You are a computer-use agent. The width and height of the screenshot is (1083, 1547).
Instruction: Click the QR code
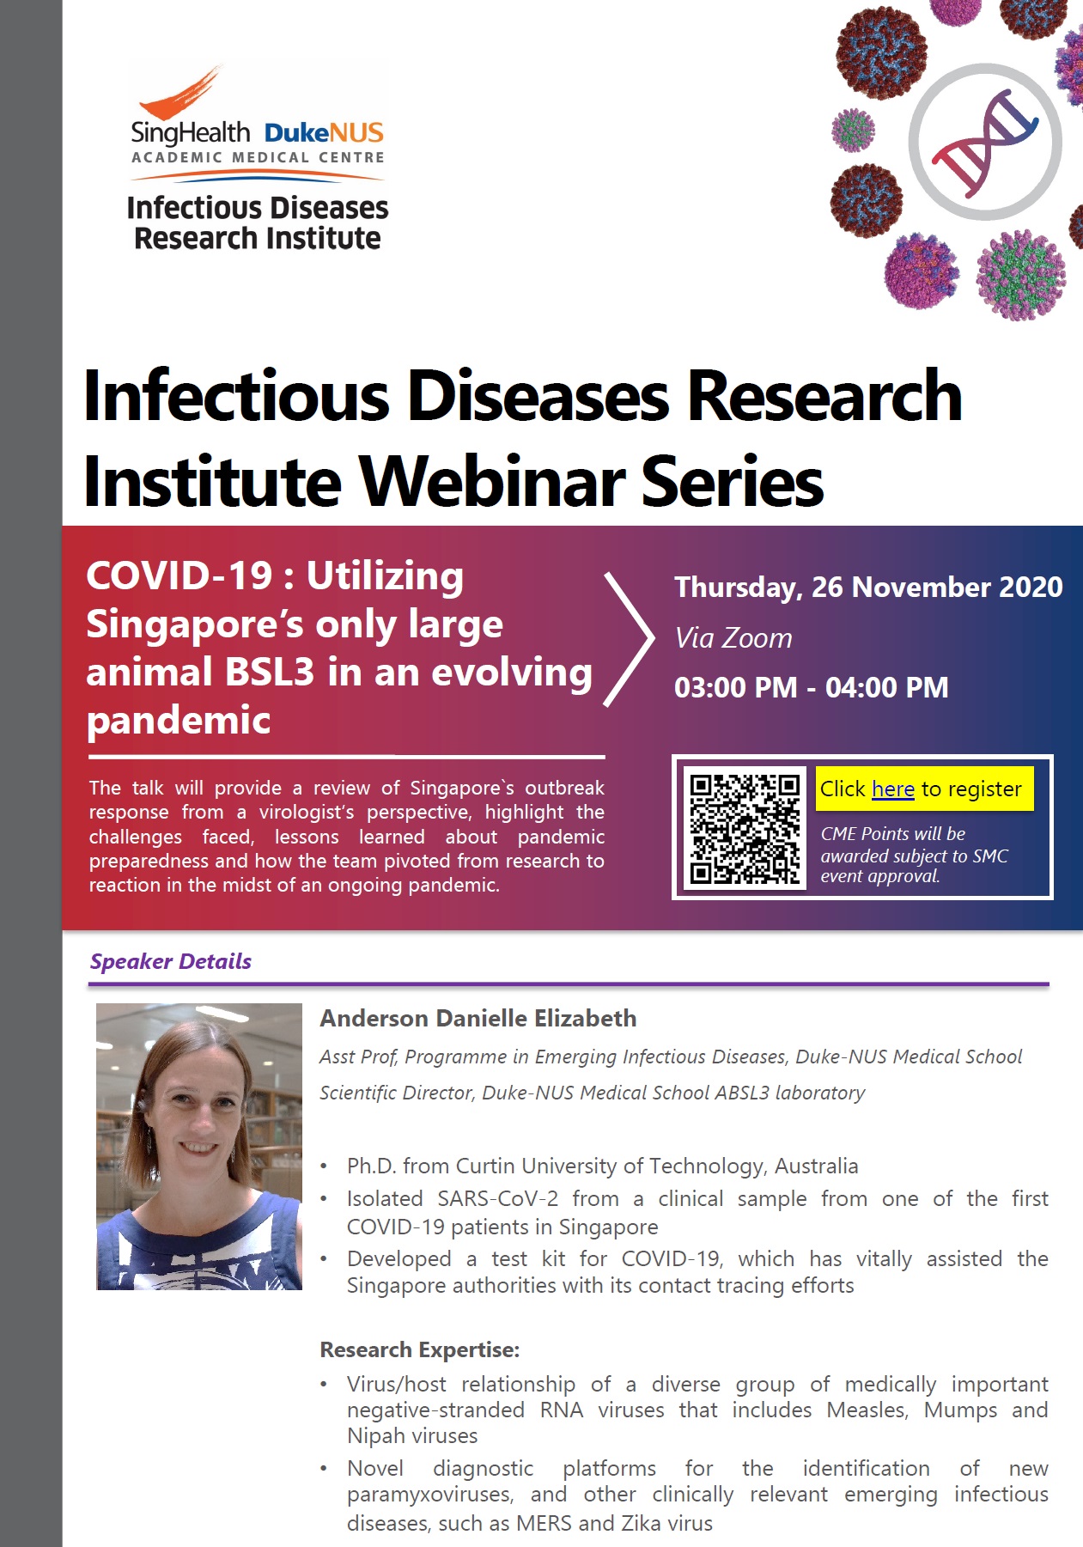pos(745,828)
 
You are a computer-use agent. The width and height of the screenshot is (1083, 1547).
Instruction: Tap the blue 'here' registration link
pos(892,789)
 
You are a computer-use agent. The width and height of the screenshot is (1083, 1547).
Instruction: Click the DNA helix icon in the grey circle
pos(985,141)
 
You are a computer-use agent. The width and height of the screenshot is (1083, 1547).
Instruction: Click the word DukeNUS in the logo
pos(324,133)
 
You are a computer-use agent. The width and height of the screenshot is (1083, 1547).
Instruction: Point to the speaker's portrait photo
pos(199,1146)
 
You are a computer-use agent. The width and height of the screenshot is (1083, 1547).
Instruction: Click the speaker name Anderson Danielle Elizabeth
pos(478,1019)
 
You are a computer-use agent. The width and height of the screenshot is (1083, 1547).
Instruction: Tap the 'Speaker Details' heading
pos(171,961)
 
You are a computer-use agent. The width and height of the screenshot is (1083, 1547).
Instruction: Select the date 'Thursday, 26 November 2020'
pos(868,588)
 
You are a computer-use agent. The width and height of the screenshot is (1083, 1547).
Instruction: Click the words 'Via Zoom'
pos(733,638)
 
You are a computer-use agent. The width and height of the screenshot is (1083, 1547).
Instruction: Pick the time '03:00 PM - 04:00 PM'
pos(812,688)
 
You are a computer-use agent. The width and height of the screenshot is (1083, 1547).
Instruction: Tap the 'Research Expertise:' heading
pos(420,1349)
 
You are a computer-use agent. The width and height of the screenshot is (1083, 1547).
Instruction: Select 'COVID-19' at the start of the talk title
pos(179,576)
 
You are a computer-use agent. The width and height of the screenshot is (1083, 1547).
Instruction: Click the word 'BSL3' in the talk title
pos(269,673)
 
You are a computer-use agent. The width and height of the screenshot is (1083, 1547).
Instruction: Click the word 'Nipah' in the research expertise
pos(375,1436)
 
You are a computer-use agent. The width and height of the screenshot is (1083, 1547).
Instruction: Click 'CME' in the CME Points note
pos(839,834)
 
